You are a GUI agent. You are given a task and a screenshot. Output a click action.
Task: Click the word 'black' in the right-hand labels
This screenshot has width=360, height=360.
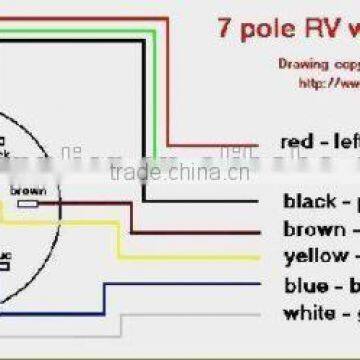point(309,202)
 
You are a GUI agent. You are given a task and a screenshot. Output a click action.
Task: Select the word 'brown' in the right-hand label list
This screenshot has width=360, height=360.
point(310,230)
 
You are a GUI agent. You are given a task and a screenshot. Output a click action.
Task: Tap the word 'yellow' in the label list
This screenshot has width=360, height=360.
point(314,257)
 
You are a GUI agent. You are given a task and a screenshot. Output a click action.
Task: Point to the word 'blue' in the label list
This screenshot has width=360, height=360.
point(305,286)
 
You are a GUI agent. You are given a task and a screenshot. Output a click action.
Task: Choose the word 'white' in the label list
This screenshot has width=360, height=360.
point(308,314)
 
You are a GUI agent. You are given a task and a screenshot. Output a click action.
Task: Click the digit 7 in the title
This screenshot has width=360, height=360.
point(224,27)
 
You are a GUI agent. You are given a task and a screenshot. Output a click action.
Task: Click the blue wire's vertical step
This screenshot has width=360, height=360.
point(105,297)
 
